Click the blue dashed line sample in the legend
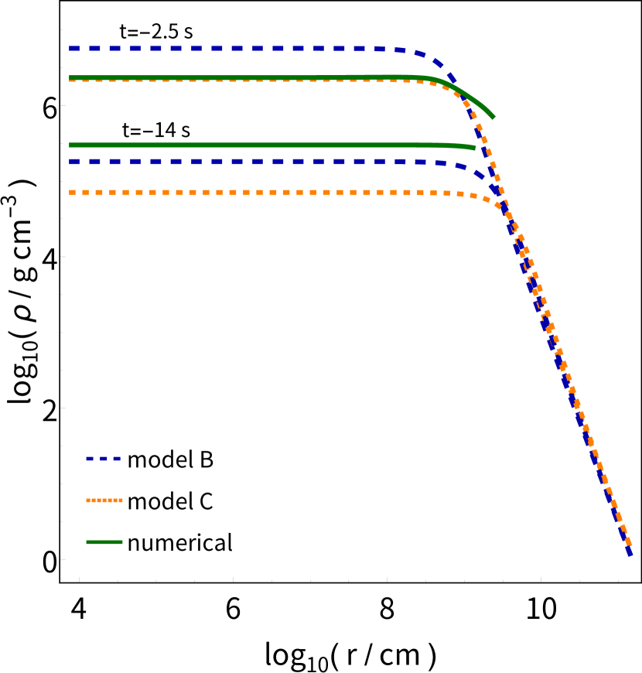[x=104, y=459]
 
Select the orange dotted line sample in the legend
[x=104, y=500]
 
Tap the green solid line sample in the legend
[x=104, y=542]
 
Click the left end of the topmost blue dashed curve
[x=70, y=48]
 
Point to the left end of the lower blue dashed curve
[x=70, y=162]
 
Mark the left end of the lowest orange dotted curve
[x=71, y=193]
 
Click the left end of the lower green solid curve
[x=70, y=145]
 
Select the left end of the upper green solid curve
[x=70, y=77]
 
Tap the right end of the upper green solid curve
[x=493, y=118]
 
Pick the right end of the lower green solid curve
[x=475, y=148]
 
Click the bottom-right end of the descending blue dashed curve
[x=630, y=553]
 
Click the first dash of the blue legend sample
[x=90, y=459]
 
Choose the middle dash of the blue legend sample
[x=104, y=459]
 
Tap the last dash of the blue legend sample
[x=117, y=459]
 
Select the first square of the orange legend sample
[x=88, y=500]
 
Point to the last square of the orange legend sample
[x=121, y=500]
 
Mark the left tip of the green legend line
[x=87, y=542]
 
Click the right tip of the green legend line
[x=122, y=542]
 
